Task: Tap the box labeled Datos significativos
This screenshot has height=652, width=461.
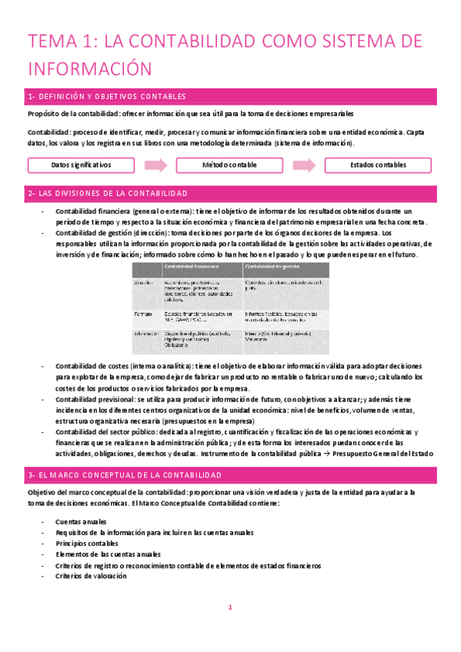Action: click(x=81, y=165)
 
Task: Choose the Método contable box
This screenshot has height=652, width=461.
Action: click(x=230, y=165)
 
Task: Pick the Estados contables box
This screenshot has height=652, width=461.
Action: click(x=379, y=165)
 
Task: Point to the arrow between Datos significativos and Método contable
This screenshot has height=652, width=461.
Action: click(x=155, y=165)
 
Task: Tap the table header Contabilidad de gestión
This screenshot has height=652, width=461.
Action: click(x=272, y=266)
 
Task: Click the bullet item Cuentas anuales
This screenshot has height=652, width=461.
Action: click(x=81, y=522)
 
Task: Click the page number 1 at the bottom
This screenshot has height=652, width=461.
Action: click(x=230, y=607)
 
